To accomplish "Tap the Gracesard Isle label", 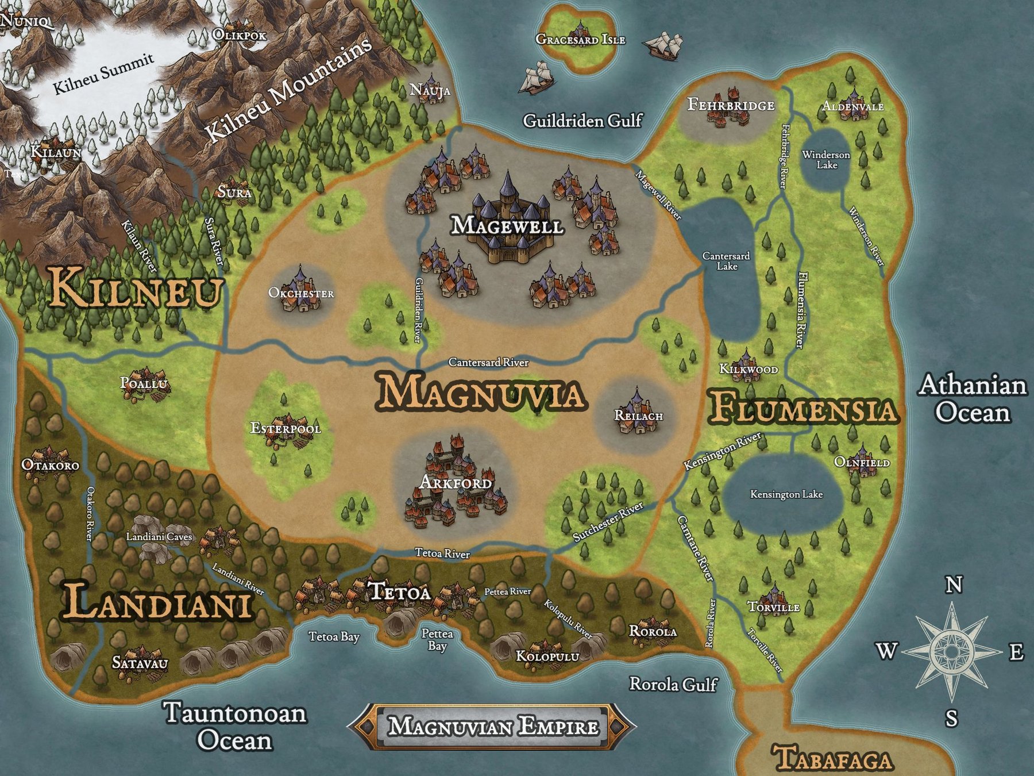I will [580, 39].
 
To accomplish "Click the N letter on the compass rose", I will [954, 585].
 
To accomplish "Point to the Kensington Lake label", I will [786, 494].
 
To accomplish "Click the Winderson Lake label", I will [826, 160].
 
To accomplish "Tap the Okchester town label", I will [301, 293].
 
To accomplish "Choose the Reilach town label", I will [638, 415].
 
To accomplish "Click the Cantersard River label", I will [488, 362].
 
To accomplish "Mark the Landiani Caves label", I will [159, 537].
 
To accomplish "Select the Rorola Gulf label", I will [673, 684].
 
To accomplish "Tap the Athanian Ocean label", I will [972, 399].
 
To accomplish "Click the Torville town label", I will [773, 607].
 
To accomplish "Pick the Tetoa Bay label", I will [334, 636].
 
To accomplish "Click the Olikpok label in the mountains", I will [240, 35].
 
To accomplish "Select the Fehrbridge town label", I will [731, 105].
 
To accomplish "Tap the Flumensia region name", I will [802, 410].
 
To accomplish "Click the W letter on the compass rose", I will [886, 651].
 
